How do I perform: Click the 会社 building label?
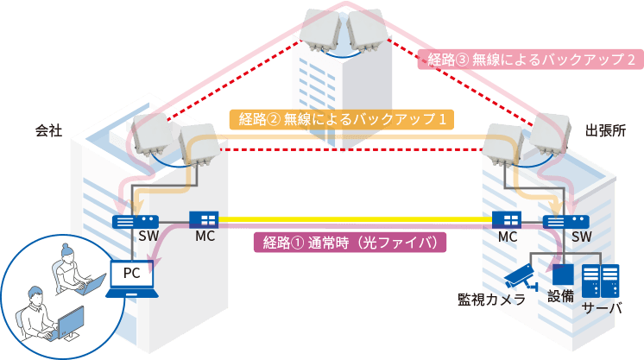pyautogui.click(x=49, y=131)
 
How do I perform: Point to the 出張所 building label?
pyautogui.click(x=604, y=131)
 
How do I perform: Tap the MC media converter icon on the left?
pyautogui.click(x=204, y=219)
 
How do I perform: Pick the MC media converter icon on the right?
pyautogui.click(x=505, y=219)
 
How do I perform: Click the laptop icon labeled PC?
pyautogui.click(x=131, y=279)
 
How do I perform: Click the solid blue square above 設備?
pyautogui.click(x=562, y=273)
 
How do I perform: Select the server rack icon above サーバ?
pyautogui.click(x=600, y=280)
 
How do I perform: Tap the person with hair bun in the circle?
pyautogui.click(x=69, y=264)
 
